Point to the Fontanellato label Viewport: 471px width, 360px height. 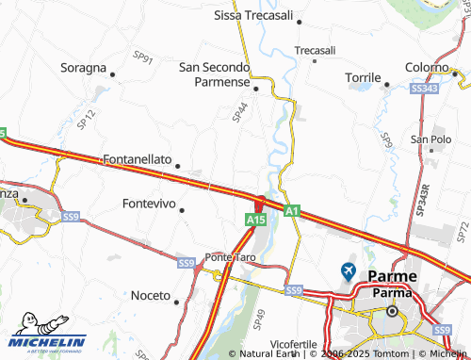click(138, 160)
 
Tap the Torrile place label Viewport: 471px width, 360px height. click(362, 75)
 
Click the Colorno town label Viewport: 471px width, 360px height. click(427, 68)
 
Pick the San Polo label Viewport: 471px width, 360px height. click(431, 139)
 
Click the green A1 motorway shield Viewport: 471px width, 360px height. click(293, 210)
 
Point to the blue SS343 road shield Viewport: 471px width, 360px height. click(425, 88)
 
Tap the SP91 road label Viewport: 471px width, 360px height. click(143, 58)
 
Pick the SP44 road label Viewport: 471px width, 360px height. click(239, 112)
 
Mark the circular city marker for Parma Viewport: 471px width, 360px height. click(395, 312)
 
